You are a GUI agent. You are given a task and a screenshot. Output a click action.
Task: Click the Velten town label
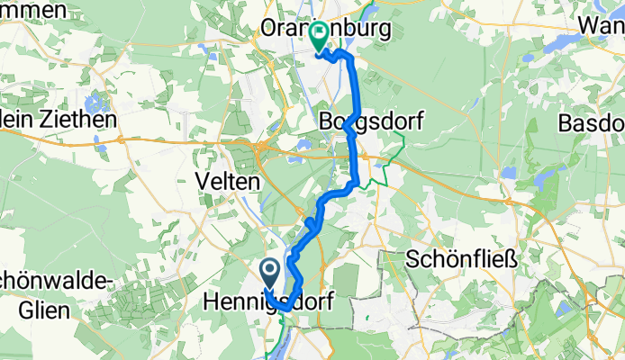pyautogui.click(x=229, y=181)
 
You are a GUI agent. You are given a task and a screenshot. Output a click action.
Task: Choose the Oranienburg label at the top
pyautogui.click(x=326, y=29)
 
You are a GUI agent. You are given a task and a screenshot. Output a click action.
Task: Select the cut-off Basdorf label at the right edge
pyautogui.click(x=592, y=121)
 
